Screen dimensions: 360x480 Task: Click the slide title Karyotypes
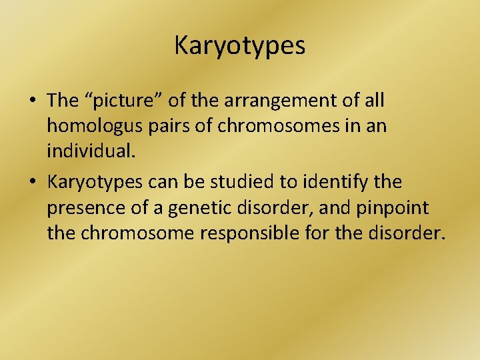click(240, 46)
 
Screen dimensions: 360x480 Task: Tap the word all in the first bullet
click(374, 101)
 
